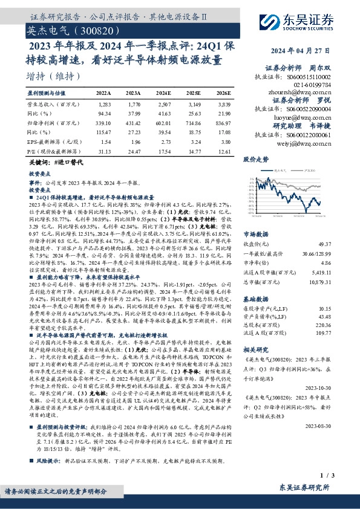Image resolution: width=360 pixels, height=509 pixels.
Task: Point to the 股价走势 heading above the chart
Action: tap(255, 160)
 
